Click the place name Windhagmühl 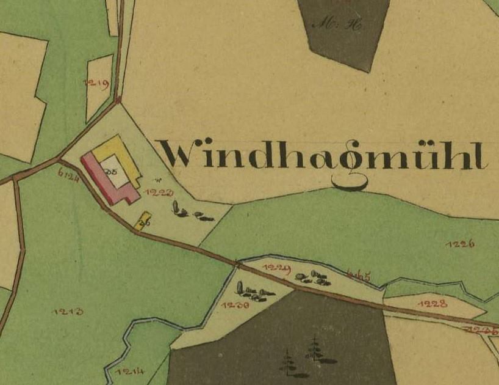click(323, 156)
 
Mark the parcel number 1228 click(435, 303)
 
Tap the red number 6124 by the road click(68, 175)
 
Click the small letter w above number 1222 click(157, 180)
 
